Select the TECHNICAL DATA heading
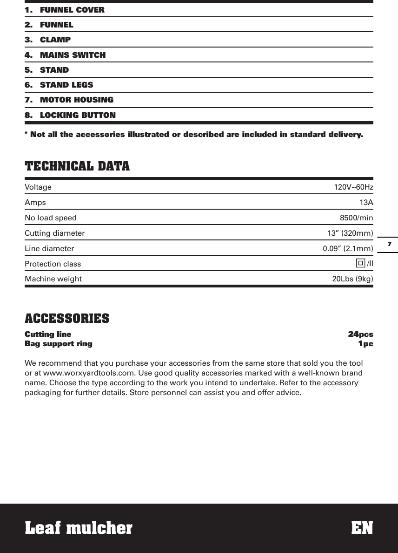click(77, 166)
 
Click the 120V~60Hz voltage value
click(353, 187)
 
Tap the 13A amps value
click(366, 203)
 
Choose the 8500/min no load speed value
click(356, 218)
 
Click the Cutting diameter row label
click(55, 233)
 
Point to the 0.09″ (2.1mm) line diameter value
click(348, 248)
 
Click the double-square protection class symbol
click(360, 264)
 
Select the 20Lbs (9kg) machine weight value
click(352, 279)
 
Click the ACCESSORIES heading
click(67, 319)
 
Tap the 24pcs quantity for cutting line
click(360, 334)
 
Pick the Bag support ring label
click(59, 344)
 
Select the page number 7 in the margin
click(389, 244)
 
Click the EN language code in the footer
click(362, 528)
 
